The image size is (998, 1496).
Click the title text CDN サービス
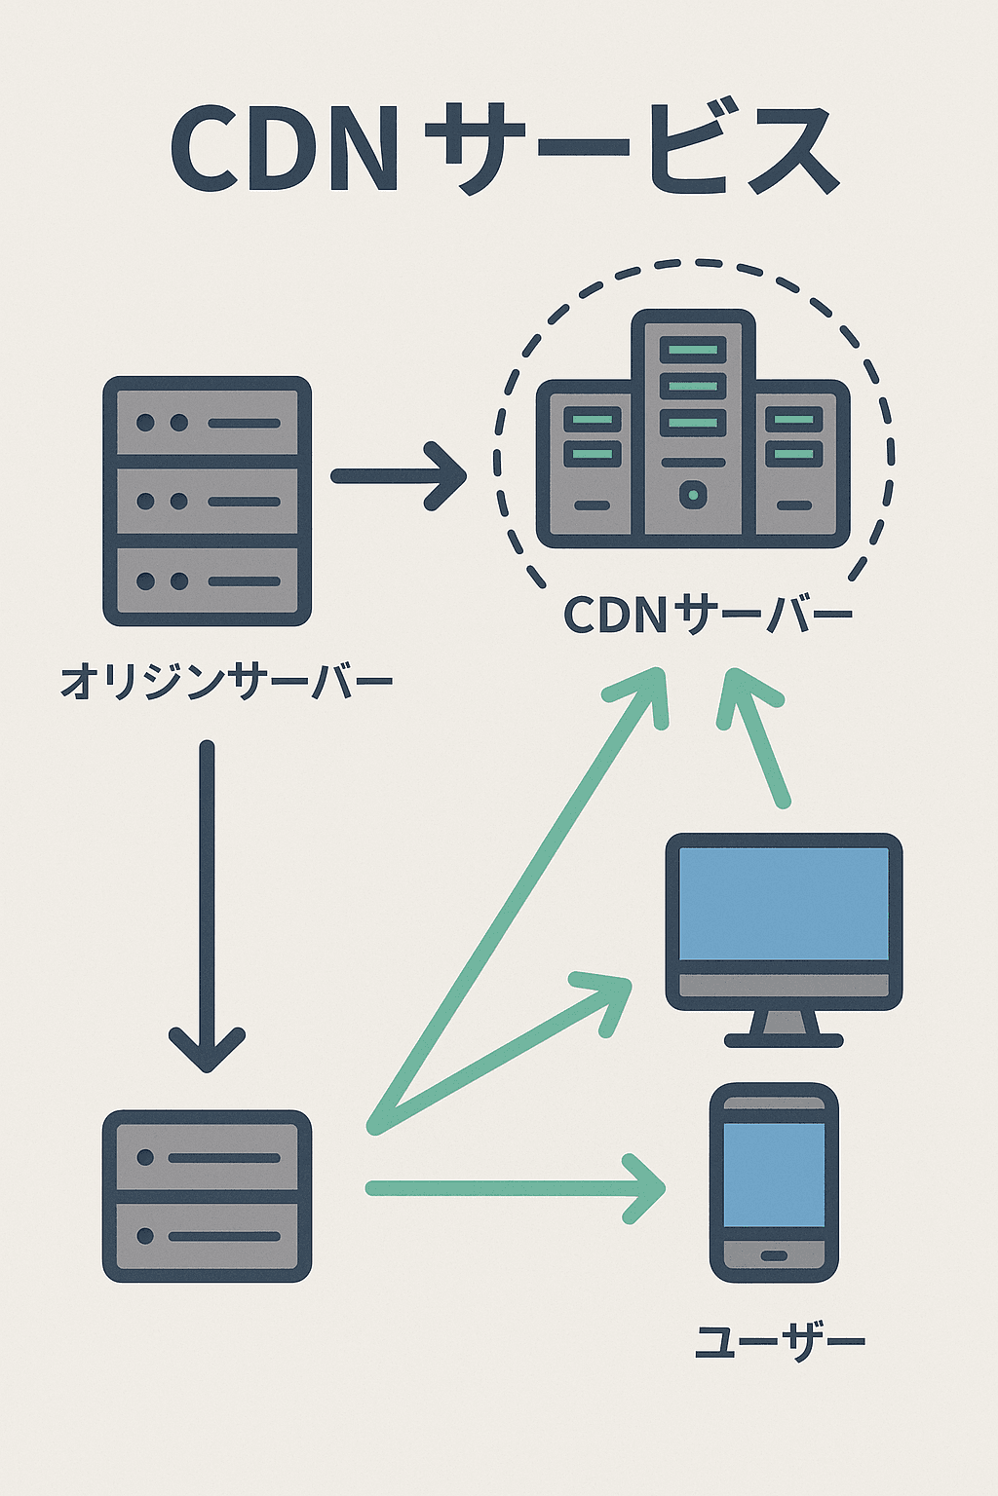tap(503, 151)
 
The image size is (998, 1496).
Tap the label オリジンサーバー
tap(226, 681)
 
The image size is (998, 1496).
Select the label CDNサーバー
tap(708, 615)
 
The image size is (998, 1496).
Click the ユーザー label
tap(779, 1342)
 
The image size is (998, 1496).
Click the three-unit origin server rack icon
tap(207, 501)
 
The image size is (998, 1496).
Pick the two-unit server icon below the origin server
tap(207, 1196)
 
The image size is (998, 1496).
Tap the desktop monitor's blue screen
tap(784, 903)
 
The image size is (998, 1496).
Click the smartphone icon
tap(774, 1181)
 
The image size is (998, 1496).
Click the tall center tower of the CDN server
tap(693, 424)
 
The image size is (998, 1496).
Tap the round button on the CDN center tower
tap(693, 495)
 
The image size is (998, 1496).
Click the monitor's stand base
tap(784, 1039)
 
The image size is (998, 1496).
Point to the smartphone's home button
tap(774, 1255)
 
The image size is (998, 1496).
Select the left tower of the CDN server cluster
tap(590, 463)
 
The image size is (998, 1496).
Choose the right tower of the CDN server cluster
tap(796, 463)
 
